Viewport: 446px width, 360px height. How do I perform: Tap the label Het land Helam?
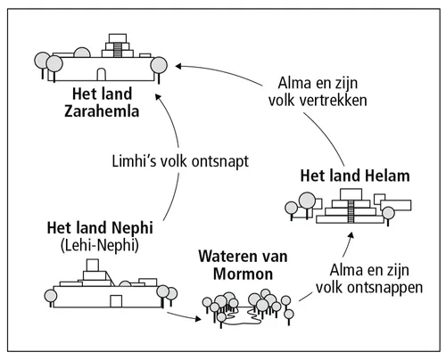click(x=353, y=176)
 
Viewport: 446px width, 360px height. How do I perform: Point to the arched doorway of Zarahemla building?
click(x=103, y=74)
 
